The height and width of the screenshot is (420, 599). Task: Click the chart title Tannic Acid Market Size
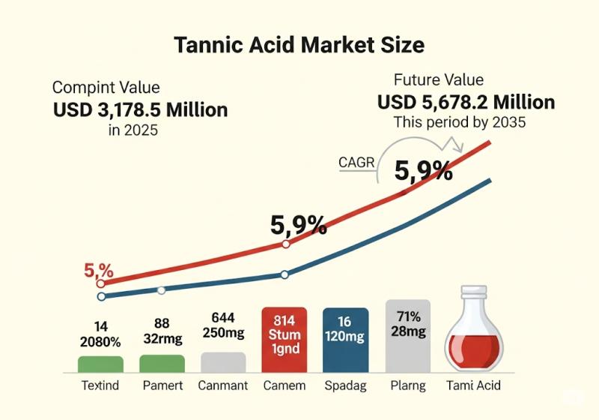[299, 45]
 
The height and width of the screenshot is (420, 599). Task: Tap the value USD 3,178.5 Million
[140, 110]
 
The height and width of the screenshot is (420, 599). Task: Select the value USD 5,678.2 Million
[466, 102]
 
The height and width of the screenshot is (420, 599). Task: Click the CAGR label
[356, 162]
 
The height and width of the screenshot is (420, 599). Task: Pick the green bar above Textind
[100, 364]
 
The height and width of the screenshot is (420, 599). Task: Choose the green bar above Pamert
[162, 364]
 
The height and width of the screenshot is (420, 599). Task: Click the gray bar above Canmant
[223, 362]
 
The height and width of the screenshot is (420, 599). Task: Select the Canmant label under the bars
[223, 386]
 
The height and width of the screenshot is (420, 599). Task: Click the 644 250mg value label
[223, 325]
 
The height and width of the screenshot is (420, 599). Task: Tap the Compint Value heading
[106, 88]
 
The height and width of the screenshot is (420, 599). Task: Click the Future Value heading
[439, 80]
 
